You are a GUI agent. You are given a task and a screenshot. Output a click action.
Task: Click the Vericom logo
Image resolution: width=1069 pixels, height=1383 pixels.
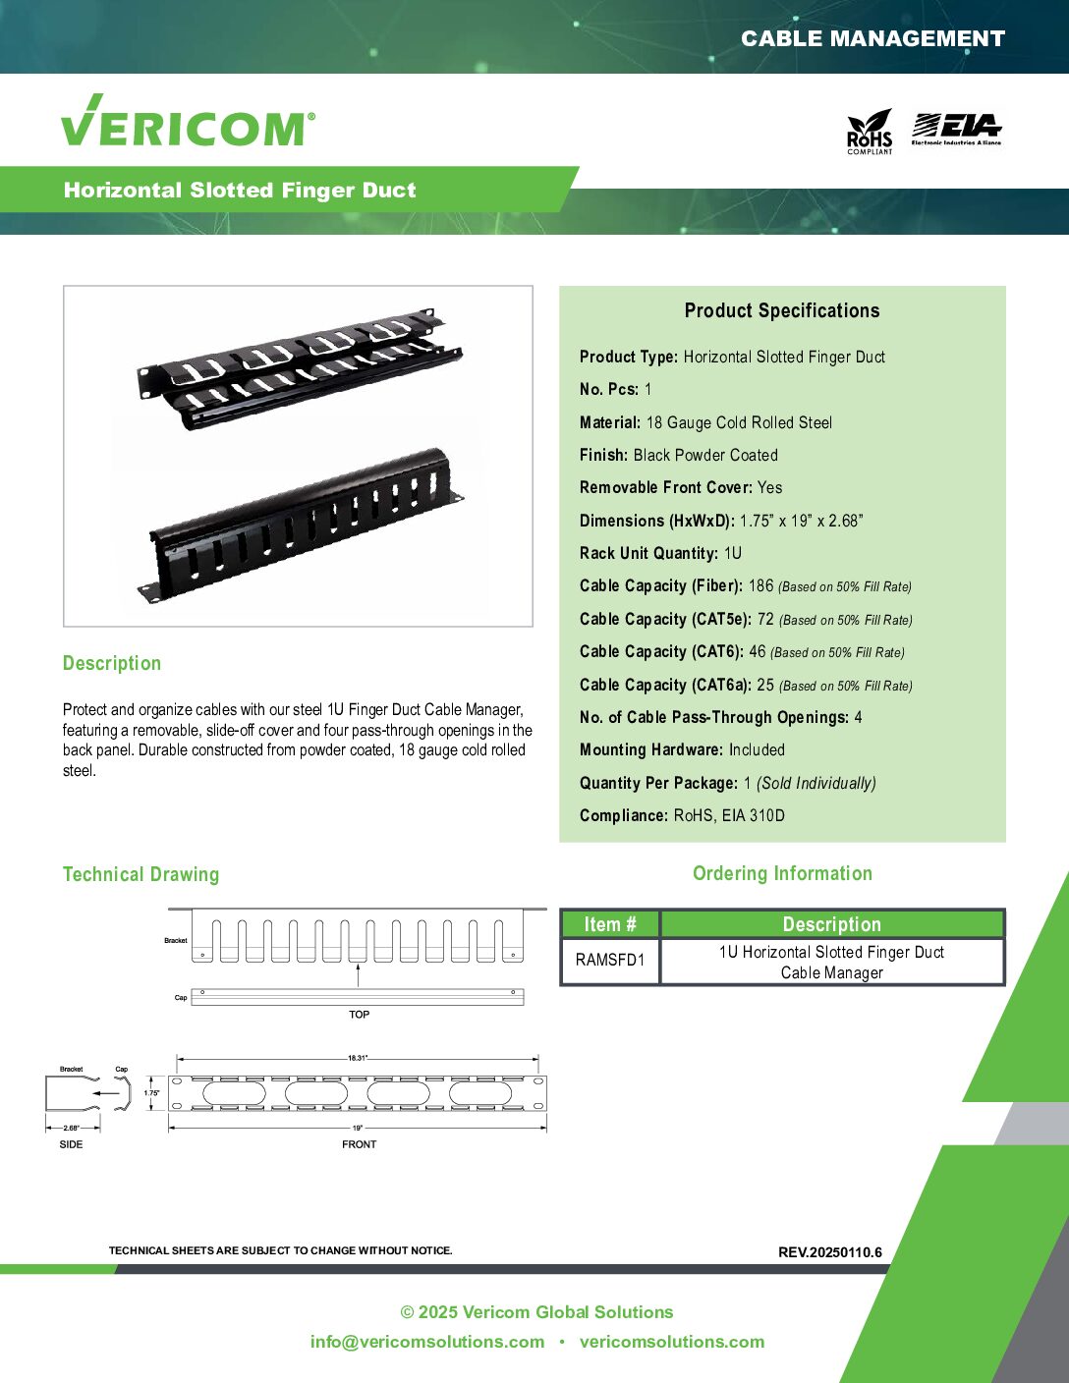click(x=188, y=120)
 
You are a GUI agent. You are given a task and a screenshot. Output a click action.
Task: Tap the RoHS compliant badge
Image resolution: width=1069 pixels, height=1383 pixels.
click(x=870, y=132)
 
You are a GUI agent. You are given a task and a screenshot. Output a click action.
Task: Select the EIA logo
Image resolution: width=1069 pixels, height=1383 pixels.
click(x=956, y=130)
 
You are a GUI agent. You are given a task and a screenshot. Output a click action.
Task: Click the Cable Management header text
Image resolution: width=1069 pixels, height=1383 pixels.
click(x=872, y=38)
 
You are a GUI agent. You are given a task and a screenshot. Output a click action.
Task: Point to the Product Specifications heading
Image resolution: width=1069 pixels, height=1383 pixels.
click(x=782, y=310)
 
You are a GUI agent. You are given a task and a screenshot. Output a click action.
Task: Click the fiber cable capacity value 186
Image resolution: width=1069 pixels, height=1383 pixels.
click(x=760, y=585)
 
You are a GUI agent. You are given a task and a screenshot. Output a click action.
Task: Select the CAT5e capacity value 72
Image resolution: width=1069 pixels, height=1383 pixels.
click(x=765, y=619)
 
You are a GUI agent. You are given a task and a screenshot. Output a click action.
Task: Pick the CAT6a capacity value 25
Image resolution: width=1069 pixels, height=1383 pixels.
click(x=765, y=685)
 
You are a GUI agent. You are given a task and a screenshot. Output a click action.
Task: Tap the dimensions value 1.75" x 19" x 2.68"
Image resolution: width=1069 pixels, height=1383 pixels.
click(x=801, y=521)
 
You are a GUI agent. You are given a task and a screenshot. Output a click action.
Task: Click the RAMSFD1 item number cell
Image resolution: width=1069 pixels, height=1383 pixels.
click(x=610, y=960)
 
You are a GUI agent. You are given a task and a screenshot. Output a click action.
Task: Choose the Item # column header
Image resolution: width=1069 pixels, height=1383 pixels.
click(x=610, y=924)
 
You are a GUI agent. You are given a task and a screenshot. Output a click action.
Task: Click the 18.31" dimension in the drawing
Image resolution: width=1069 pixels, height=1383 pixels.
click(x=358, y=1059)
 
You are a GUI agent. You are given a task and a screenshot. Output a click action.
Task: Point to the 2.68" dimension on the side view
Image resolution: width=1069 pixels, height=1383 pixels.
click(x=72, y=1128)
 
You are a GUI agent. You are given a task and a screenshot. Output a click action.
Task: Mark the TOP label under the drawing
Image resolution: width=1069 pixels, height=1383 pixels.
click(x=359, y=1015)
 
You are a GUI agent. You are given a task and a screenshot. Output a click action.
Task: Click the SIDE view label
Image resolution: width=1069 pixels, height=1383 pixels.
click(x=71, y=1144)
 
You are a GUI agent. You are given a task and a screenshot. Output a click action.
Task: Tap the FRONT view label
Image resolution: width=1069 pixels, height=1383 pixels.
click(x=359, y=1144)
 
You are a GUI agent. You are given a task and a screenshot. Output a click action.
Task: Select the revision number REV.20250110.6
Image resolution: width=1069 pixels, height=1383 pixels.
click(x=829, y=1252)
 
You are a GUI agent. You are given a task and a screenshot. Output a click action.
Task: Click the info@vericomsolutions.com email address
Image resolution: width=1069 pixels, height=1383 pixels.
click(x=427, y=1342)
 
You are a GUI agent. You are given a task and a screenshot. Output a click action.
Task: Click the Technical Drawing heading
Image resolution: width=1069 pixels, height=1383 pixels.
click(x=141, y=874)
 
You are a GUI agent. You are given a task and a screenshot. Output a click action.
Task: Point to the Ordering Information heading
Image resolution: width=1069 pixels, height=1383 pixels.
click(x=782, y=873)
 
